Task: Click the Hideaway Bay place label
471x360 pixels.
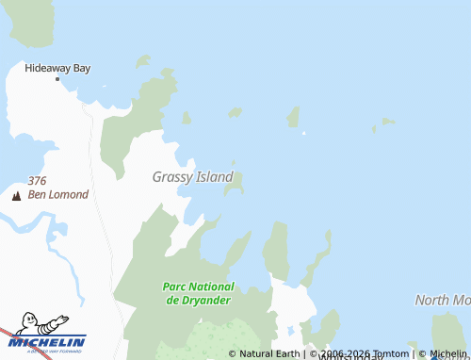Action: tap(57, 68)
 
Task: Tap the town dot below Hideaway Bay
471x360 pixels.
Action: tap(57, 78)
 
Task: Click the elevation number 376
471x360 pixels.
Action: tap(38, 181)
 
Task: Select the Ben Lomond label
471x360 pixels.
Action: tap(58, 195)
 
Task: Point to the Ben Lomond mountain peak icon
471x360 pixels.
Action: tap(15, 196)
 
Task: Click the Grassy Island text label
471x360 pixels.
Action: tap(193, 176)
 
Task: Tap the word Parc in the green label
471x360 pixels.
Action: tap(174, 286)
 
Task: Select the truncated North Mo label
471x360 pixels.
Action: tap(443, 301)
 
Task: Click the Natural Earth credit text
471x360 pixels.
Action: tap(268, 354)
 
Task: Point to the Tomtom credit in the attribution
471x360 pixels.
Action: tap(389, 354)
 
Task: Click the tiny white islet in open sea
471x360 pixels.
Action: tap(303, 133)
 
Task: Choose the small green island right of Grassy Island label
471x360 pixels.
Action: tap(233, 183)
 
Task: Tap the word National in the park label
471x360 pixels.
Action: tap(211, 286)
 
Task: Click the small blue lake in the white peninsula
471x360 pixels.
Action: tap(289, 332)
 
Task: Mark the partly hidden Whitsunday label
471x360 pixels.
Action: tap(349, 358)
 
